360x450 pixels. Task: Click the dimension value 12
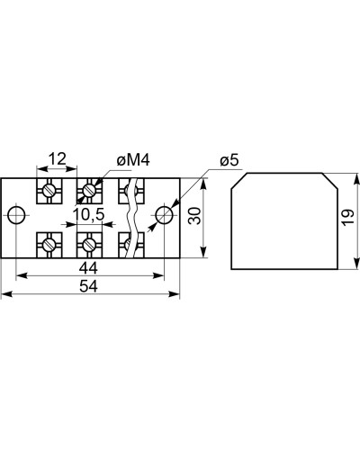click(58, 158)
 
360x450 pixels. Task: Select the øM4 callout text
click(133, 160)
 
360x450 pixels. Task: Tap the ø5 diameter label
click(229, 160)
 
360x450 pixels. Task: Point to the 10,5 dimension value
click(89, 214)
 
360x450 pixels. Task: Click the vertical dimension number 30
click(194, 216)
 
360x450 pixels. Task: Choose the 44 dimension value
click(88, 267)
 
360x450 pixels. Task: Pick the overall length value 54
click(88, 286)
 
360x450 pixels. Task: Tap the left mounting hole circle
click(16, 215)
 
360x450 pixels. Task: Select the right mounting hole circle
click(164, 215)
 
